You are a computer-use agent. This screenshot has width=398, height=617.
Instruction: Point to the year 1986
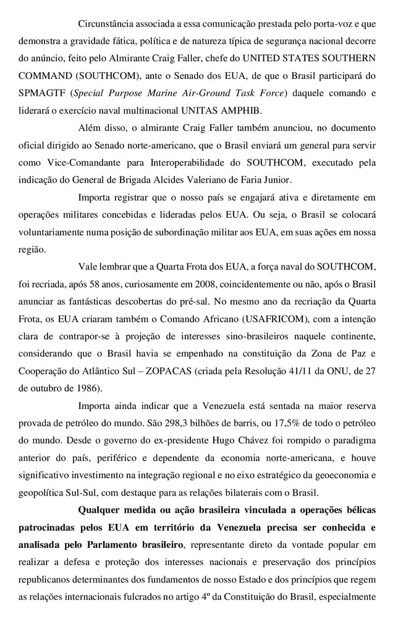click(x=85, y=389)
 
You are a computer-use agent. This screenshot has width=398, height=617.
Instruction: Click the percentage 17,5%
click(x=285, y=424)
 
